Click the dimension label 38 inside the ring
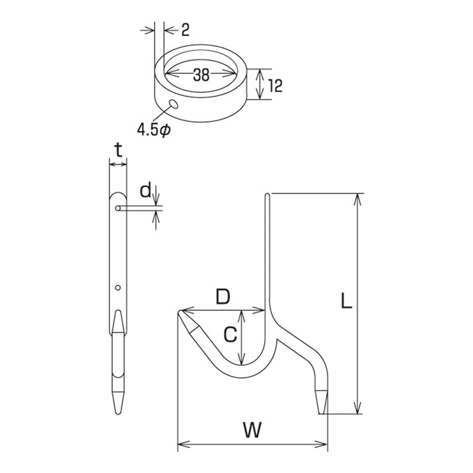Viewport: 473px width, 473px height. (201, 74)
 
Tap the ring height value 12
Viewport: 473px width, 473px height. (275, 86)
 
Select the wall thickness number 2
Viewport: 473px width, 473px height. (185, 30)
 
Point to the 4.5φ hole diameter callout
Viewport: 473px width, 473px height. (154, 130)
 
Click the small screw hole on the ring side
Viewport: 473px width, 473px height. (174, 104)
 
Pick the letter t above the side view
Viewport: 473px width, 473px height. (118, 150)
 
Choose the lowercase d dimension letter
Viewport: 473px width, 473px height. (145, 191)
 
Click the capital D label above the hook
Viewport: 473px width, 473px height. (223, 297)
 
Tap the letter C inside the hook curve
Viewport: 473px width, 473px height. (231, 335)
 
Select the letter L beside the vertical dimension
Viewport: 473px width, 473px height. (346, 301)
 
